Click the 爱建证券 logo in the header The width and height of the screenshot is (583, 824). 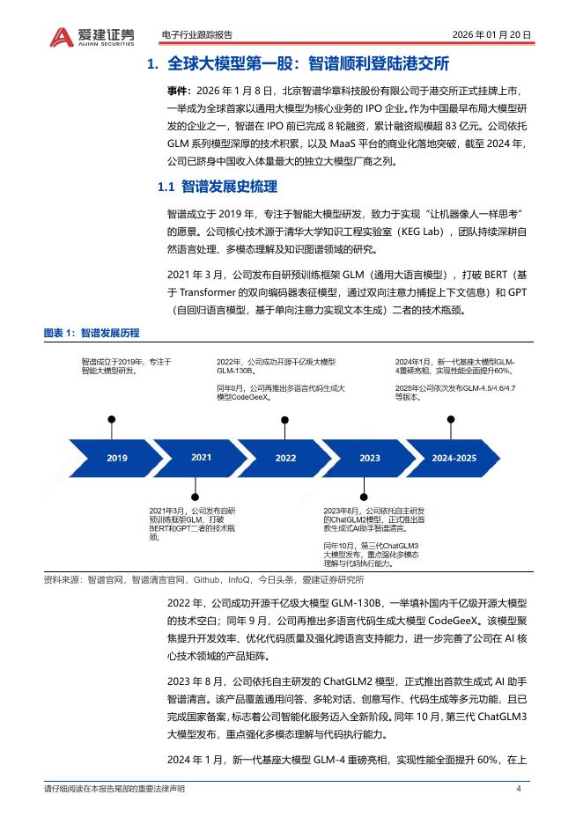click(x=92, y=36)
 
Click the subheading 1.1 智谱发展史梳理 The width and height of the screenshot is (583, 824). click(x=217, y=187)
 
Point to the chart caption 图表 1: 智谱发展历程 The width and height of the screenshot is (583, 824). click(x=92, y=333)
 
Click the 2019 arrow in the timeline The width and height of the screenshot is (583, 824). click(x=117, y=458)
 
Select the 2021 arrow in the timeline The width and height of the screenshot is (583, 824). click(x=201, y=458)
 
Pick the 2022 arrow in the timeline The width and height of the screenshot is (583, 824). click(x=285, y=458)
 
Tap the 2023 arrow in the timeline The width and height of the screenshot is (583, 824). click(x=370, y=458)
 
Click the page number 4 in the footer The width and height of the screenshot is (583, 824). click(x=519, y=788)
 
